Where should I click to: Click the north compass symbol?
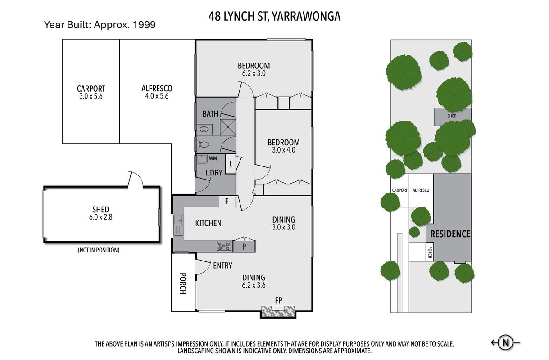[x=505, y=342]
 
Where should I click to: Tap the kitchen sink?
[x=178, y=225]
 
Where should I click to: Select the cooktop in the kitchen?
[x=224, y=246]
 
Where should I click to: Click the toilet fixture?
[x=203, y=145]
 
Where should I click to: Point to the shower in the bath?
[x=228, y=127]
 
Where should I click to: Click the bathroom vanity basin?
[x=204, y=129]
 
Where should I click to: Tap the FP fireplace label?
[x=279, y=301]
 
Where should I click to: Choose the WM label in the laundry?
[x=213, y=158]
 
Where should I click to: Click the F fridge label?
[x=227, y=201]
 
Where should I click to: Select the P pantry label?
[x=244, y=247]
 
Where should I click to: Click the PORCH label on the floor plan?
[x=183, y=283]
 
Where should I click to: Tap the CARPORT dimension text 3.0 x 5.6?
[x=91, y=96]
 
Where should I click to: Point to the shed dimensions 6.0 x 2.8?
[x=101, y=217]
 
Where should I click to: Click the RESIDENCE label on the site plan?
[x=450, y=234]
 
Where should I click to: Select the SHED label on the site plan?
[x=452, y=116]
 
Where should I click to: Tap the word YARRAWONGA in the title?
[x=306, y=17]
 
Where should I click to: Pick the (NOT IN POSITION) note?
[x=99, y=250]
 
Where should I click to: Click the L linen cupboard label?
[x=231, y=164]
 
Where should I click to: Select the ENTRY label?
[x=222, y=265]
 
